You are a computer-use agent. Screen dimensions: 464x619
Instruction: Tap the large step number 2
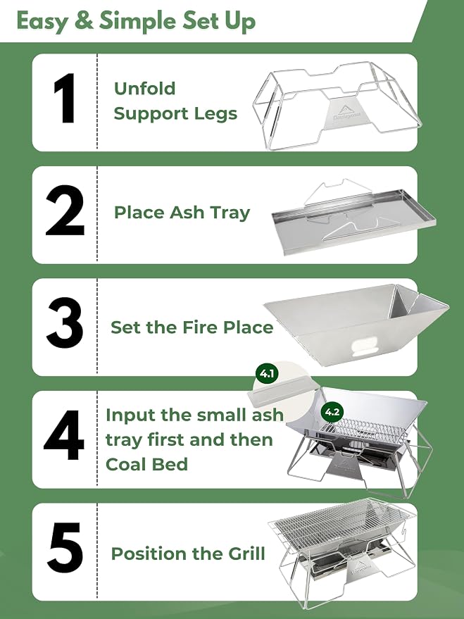65,211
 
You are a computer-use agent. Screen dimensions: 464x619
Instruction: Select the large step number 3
65,323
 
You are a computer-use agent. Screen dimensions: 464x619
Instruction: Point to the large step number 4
64,435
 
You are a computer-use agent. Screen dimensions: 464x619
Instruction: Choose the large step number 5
65,549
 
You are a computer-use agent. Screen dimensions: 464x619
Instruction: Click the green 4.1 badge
267,373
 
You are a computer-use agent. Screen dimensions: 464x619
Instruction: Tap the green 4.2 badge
332,412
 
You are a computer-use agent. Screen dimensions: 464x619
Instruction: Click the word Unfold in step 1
144,89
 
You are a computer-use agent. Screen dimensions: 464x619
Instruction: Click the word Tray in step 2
230,213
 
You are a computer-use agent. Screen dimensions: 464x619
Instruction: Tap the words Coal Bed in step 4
146,464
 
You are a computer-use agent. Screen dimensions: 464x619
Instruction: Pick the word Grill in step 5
246,554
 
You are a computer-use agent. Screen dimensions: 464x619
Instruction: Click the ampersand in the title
84,20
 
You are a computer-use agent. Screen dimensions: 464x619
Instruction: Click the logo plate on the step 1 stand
341,113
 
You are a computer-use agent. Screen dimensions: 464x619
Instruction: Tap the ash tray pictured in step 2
354,220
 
